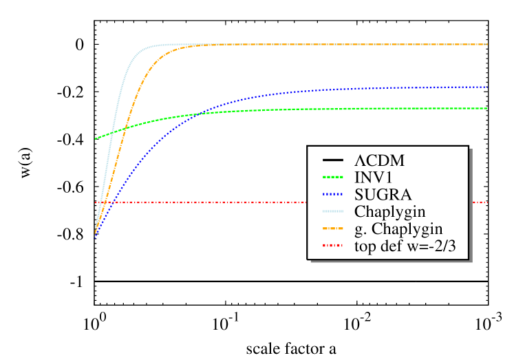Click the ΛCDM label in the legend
pos(379,160)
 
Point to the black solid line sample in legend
pos(333,160)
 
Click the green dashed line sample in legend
pos(333,178)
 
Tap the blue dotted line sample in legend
pos(333,194)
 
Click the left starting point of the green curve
pos(96,138)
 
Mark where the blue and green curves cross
pos(200,112)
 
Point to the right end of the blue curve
pos(487,87)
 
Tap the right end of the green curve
pos(487,108)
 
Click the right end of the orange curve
pos(487,45)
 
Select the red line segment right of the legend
pos(480,203)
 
